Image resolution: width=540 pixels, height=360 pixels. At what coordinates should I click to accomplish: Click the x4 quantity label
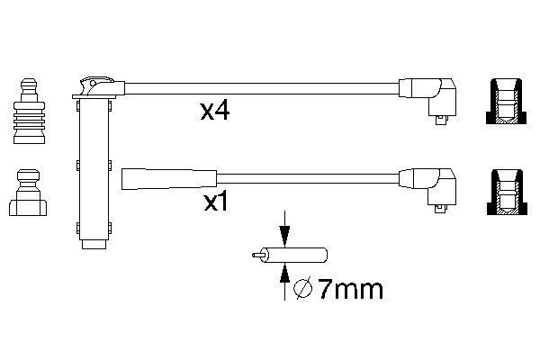click(x=217, y=112)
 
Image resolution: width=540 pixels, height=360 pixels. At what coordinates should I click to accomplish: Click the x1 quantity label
click(x=215, y=203)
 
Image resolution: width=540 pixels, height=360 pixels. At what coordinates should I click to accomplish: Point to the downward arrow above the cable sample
click(x=284, y=231)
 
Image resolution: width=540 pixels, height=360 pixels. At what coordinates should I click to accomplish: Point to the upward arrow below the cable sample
click(x=284, y=278)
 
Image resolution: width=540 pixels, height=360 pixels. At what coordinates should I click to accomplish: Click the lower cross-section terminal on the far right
click(x=508, y=193)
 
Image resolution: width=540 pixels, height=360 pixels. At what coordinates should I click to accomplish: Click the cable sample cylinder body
click(x=296, y=256)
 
